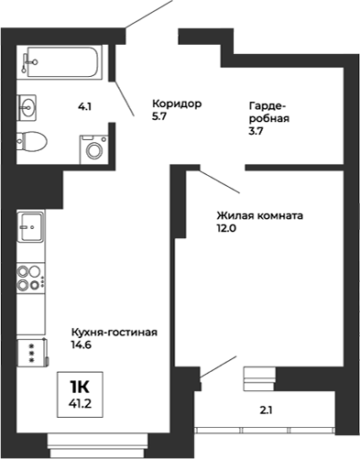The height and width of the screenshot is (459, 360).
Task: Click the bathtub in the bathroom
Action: (64, 61)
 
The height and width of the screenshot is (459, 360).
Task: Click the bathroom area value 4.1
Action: (84, 107)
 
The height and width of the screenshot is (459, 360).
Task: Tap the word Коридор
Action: (175, 103)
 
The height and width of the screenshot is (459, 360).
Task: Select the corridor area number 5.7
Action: (159, 116)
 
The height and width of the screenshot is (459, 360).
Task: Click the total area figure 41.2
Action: (82, 400)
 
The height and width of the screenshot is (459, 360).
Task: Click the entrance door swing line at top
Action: (147, 15)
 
